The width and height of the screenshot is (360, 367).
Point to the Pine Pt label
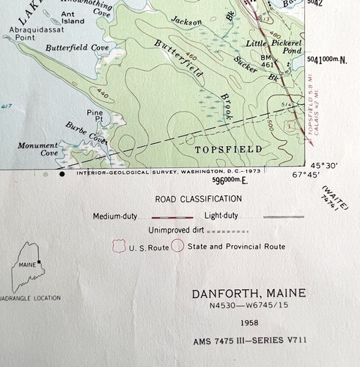click(95, 116)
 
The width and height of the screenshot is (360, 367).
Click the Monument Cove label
click(38, 149)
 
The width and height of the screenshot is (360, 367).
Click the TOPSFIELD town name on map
click(218, 148)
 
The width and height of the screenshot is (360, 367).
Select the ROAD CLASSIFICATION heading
click(197, 198)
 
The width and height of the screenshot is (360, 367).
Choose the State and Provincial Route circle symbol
click(177, 246)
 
